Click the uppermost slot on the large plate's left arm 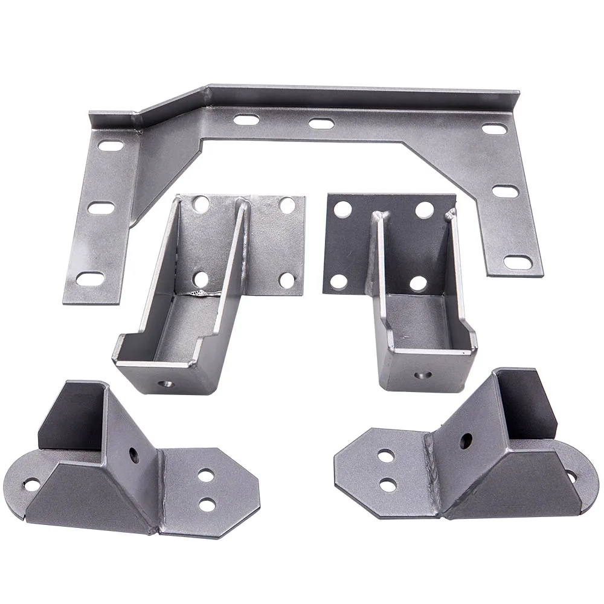(109, 146)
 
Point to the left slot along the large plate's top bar (246, 120)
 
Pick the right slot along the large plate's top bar (321, 123)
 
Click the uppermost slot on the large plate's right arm (494, 129)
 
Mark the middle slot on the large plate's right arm (505, 191)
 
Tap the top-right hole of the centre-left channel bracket (287, 205)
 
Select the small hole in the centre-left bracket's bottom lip (165, 383)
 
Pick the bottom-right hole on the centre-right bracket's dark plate (418, 283)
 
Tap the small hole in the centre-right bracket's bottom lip (423, 375)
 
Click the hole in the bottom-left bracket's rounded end (31, 484)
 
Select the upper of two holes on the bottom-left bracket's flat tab (206, 475)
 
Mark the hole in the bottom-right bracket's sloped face (465, 441)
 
